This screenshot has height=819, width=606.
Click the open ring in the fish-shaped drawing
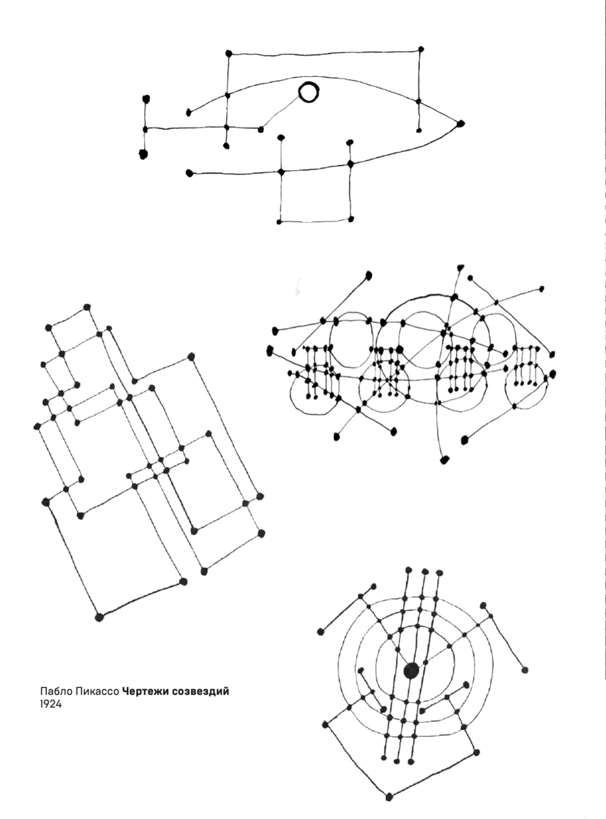coord(308,93)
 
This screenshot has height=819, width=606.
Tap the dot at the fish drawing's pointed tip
coord(460,124)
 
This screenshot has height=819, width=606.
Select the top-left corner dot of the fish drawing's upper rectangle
coord(229,53)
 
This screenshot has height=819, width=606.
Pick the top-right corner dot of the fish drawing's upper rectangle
coord(421,49)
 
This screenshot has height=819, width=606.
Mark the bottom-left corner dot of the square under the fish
coord(279,222)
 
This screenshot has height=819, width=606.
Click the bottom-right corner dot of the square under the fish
coord(351,219)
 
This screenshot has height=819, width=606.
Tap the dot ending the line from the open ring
coord(261,130)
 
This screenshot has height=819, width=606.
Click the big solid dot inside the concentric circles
coord(411,670)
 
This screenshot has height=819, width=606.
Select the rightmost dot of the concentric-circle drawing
coord(525,670)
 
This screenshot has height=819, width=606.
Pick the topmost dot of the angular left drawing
coord(87,307)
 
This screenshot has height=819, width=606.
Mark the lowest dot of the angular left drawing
coord(99,617)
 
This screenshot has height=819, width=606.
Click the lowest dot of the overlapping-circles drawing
coord(445,460)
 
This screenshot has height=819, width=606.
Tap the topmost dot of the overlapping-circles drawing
coord(461,266)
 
